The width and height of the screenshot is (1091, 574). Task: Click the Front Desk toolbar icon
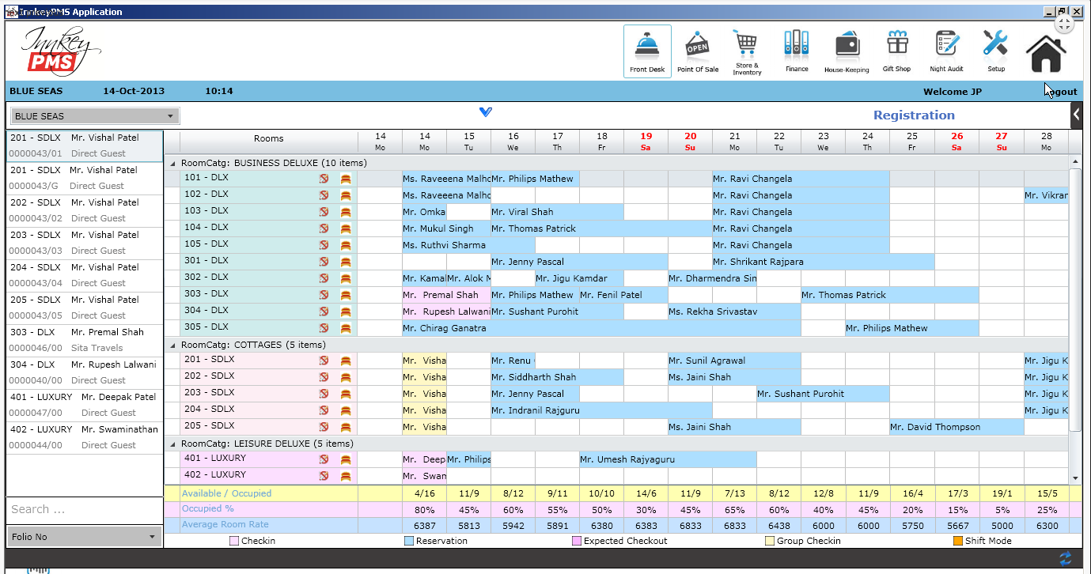pyautogui.click(x=647, y=50)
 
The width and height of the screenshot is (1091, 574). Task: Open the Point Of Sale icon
pyautogui.click(x=697, y=50)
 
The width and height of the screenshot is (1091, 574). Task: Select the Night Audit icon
pyautogui.click(x=946, y=50)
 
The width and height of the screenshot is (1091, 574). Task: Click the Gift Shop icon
pyautogui.click(x=896, y=50)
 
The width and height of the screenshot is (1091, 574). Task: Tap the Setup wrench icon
pyautogui.click(x=995, y=50)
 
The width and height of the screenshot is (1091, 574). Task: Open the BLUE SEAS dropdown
pyautogui.click(x=93, y=116)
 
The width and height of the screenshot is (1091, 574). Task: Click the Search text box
pyautogui.click(x=84, y=509)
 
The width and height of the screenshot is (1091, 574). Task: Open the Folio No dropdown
pyautogui.click(x=84, y=537)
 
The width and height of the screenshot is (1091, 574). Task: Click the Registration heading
pyautogui.click(x=914, y=115)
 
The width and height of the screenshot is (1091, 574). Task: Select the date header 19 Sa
pyautogui.click(x=646, y=142)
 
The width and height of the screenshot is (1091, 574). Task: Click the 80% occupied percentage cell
pyautogui.click(x=424, y=510)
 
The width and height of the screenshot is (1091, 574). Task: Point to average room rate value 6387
pyautogui.click(x=424, y=526)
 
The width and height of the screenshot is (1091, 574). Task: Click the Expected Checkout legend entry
pyautogui.click(x=619, y=542)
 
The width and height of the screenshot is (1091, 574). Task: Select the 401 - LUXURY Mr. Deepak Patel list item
pyautogui.click(x=84, y=405)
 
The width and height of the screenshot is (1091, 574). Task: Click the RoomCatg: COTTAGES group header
pyautogui.click(x=252, y=345)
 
